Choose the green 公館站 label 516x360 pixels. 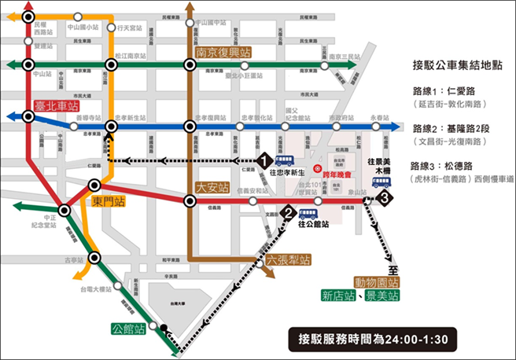click(130, 329)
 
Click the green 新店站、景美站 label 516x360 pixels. click(360, 296)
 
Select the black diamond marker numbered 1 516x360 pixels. click(266, 160)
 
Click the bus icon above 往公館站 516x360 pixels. click(308, 213)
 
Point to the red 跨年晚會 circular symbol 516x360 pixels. click(317, 167)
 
